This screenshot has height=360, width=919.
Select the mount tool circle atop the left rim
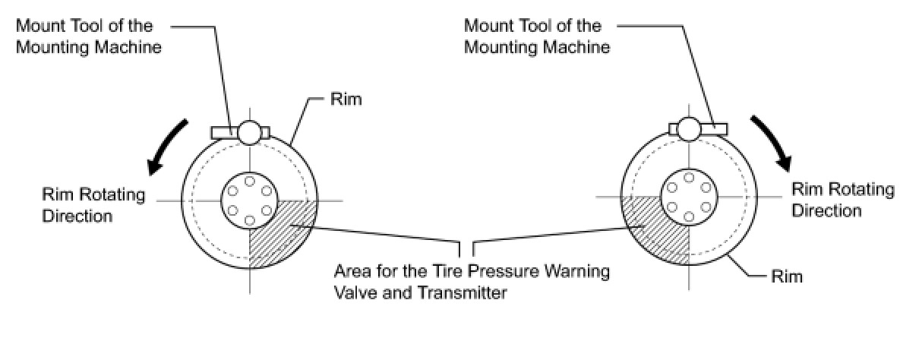coord(249,132)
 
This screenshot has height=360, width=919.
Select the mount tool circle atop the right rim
coord(689,129)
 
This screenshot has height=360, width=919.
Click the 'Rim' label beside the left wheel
coord(346,99)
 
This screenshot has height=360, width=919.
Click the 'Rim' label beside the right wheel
coord(785,276)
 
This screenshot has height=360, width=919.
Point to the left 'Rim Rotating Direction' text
coord(93,205)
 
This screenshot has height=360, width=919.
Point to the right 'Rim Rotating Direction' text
coord(843,200)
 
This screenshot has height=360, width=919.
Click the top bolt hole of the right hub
coord(689,178)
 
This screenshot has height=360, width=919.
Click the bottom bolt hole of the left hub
coord(249,220)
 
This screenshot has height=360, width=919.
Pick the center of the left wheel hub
coord(249,201)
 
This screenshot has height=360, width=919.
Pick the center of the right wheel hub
coord(689,197)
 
